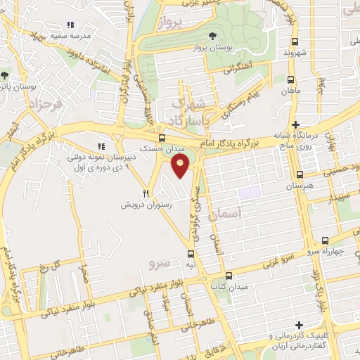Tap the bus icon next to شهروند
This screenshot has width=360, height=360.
pyautogui.click(x=292, y=41)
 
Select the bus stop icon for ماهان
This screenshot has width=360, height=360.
pyautogui.click(x=290, y=79)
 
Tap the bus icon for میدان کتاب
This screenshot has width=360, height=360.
pyautogui.click(x=229, y=276)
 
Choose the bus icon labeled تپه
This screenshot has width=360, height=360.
pyautogui.click(x=191, y=254)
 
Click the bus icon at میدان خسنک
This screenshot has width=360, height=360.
pyautogui.click(x=162, y=138)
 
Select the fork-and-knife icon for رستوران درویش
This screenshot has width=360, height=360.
pyautogui.click(x=146, y=193)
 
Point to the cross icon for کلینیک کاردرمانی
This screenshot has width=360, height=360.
pyautogui.click(x=300, y=325)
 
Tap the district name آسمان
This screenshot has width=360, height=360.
pyautogui.click(x=250, y=211)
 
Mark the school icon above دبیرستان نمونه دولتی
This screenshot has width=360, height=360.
pyautogui.click(x=102, y=146)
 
